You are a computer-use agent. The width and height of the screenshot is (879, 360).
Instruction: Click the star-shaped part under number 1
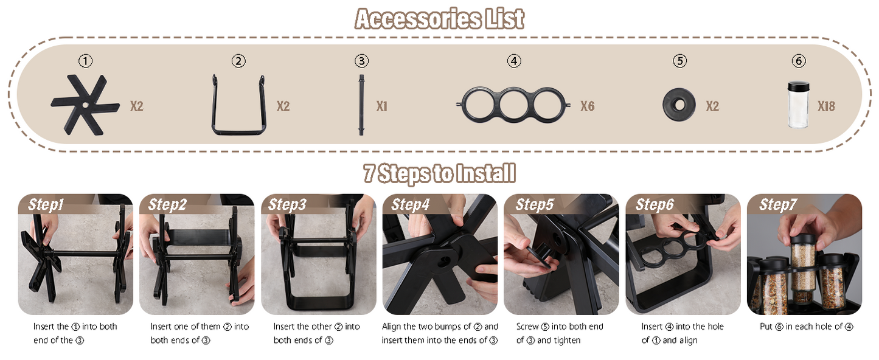click(85, 105)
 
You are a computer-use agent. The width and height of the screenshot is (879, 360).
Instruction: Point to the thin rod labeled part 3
click(361, 105)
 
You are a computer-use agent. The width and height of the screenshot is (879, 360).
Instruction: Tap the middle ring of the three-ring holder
click(513, 89)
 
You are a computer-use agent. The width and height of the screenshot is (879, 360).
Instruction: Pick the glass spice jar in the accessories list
click(798, 105)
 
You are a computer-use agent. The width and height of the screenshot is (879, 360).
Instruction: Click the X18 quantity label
click(826, 106)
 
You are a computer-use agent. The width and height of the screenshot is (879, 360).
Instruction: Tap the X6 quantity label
click(588, 106)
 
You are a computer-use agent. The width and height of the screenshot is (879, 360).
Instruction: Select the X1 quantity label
click(382, 106)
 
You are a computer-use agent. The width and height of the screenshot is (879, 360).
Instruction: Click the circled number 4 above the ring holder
click(514, 61)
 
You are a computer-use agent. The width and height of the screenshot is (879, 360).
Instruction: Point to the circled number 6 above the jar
click(799, 61)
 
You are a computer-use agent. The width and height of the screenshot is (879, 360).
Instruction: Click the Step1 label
click(46, 205)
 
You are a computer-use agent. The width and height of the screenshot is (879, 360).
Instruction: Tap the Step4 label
click(411, 205)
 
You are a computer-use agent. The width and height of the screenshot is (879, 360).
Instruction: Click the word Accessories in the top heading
click(417, 19)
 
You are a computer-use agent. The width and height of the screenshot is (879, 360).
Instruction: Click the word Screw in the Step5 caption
click(527, 327)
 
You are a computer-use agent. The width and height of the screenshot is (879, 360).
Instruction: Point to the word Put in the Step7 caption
click(766, 327)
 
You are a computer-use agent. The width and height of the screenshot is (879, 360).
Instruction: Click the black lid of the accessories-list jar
click(799, 86)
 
